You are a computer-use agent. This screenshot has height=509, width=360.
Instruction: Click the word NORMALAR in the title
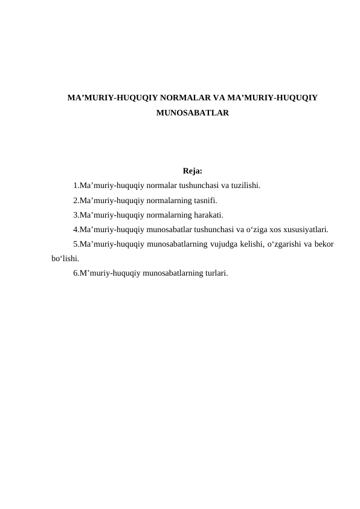182,97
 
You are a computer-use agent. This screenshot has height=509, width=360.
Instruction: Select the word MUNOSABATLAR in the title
192,113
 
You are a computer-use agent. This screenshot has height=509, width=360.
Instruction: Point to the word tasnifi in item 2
204,200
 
